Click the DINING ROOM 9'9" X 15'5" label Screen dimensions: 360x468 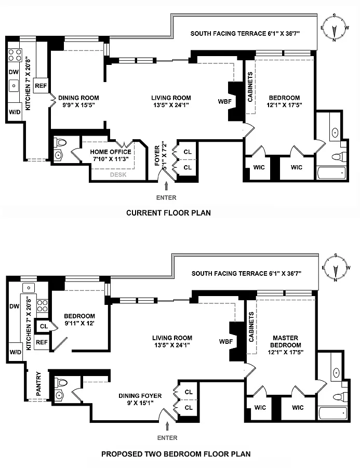coord(78,101)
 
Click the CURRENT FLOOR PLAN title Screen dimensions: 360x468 coord(168,213)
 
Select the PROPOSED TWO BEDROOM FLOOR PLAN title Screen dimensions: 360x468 coord(176,454)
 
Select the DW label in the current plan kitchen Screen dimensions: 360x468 coord(14,73)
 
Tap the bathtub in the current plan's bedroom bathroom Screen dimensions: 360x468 coord(331,172)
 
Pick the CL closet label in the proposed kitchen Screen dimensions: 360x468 coord(44,326)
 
